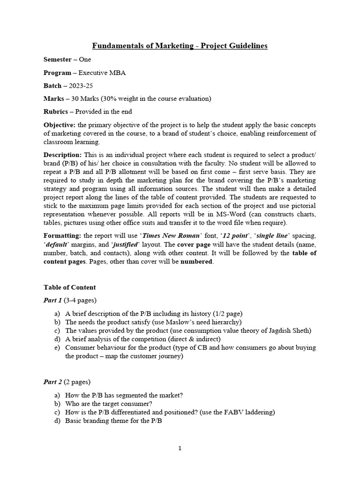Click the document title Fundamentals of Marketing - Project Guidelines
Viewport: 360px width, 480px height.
180,46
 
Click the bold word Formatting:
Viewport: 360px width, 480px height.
63,235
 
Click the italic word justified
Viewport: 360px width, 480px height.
126,244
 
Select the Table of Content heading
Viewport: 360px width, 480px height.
69,287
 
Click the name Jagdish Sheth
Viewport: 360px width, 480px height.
291,330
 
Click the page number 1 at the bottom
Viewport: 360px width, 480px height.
180,449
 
